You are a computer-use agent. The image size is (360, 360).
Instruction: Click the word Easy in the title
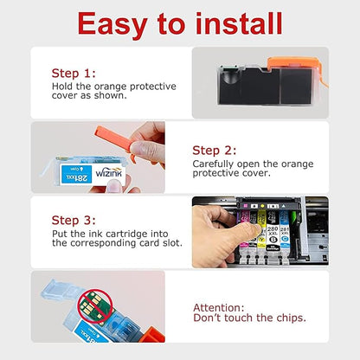click(112, 23)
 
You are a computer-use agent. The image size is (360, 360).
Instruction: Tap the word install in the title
click(239, 23)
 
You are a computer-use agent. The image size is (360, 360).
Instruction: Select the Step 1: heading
click(74, 73)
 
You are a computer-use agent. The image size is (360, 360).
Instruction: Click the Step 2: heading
click(215, 151)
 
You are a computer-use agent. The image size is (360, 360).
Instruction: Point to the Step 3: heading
click(74, 221)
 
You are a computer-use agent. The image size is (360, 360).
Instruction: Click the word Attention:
click(219, 307)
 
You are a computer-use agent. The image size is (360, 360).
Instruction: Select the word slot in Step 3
click(172, 243)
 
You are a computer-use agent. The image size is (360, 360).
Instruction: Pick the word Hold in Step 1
click(62, 87)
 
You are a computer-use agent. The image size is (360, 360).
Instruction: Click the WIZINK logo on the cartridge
click(109, 173)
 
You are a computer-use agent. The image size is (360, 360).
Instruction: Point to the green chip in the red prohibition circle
click(93, 306)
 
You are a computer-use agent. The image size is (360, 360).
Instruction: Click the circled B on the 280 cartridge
click(273, 239)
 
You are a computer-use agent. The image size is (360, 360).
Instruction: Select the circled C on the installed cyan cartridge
click(285, 239)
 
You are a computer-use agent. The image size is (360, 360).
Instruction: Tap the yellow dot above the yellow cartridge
click(262, 206)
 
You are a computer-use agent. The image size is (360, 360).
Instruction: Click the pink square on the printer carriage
click(246, 206)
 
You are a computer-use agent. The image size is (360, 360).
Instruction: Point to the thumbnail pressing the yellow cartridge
click(256, 229)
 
